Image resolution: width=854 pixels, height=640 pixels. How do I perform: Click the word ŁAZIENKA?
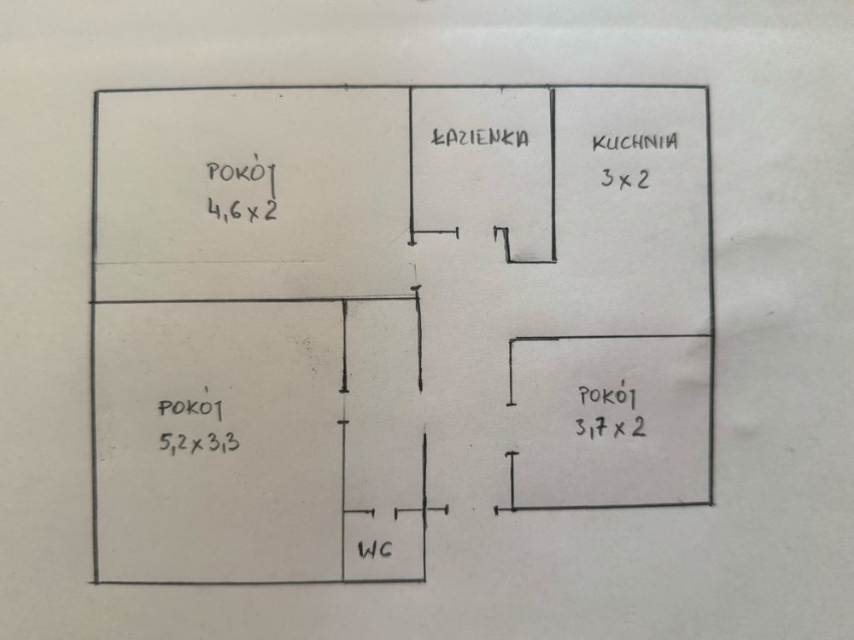pos(481,138)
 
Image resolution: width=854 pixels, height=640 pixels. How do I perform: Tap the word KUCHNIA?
pos(635,142)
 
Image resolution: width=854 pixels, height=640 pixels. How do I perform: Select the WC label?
pos(375,550)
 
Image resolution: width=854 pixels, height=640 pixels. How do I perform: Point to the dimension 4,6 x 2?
pos(242,209)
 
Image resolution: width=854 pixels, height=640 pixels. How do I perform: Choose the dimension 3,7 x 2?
pos(611,427)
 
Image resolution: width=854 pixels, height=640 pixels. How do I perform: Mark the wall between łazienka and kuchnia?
pos(553,171)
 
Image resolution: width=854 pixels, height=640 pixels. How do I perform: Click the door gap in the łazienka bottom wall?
pos(477,231)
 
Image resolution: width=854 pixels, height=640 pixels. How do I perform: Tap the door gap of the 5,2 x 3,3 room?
pos(343,406)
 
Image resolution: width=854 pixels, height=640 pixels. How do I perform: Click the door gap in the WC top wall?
pos(385,512)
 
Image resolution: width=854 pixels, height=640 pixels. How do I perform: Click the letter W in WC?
pos(366,550)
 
